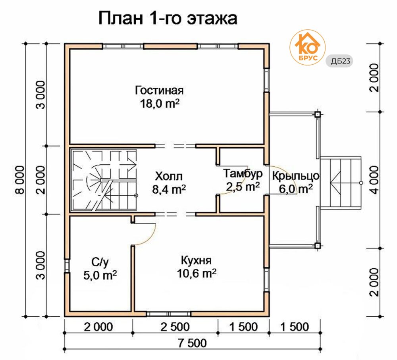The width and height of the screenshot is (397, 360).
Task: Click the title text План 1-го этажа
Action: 168,18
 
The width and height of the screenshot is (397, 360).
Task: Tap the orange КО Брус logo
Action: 307,48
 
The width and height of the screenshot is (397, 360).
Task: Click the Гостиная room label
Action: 159,90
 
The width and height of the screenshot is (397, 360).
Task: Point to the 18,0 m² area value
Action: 160,104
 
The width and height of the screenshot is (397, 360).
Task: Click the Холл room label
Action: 169,176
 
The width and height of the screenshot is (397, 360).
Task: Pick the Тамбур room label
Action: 243,174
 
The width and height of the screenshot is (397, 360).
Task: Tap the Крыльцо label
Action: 296,176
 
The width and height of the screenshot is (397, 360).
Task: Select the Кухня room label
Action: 196,260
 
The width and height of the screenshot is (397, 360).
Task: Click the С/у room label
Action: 100,262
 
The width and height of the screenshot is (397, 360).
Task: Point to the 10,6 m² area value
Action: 197,273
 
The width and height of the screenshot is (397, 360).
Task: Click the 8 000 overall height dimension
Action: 20,180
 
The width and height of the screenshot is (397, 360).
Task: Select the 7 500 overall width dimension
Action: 192,343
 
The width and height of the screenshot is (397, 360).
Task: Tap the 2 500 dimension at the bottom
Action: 175,327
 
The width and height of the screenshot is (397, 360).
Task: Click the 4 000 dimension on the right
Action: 374,180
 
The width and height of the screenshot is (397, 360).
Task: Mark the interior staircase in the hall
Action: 104,180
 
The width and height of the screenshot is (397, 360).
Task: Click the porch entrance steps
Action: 341,183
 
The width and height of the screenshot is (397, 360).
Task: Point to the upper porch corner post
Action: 318,114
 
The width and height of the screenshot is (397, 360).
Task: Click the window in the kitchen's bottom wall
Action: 168,314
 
